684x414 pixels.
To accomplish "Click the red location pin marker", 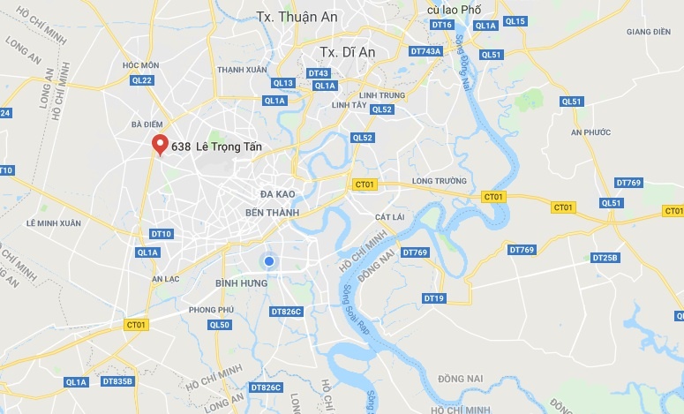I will click(x=160, y=145).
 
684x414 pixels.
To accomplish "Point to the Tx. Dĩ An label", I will click(x=348, y=52).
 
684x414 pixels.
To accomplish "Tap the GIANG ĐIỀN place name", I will click(x=649, y=32).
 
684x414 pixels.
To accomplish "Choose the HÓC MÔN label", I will click(x=141, y=65).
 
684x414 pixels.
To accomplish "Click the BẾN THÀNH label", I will click(x=272, y=213).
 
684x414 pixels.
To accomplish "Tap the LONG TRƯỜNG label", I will click(x=438, y=183).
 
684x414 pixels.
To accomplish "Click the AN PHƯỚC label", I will click(x=591, y=132).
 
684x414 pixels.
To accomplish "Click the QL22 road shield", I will click(x=141, y=80).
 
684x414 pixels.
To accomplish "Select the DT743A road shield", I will click(x=425, y=51).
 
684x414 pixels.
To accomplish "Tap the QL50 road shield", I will click(x=220, y=325).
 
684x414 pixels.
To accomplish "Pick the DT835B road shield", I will click(x=117, y=381).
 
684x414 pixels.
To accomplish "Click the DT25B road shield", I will click(x=605, y=258).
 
